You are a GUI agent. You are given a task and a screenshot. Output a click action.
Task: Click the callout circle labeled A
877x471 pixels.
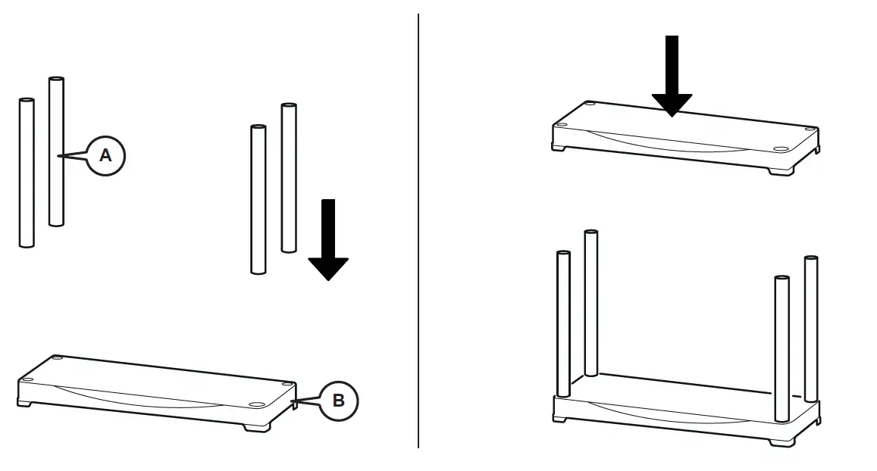pyautogui.click(x=105, y=156)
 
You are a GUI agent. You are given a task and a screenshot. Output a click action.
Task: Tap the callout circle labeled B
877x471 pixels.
pyautogui.click(x=338, y=401)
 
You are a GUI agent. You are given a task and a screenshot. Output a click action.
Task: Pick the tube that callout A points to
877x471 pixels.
pyautogui.click(x=55, y=151)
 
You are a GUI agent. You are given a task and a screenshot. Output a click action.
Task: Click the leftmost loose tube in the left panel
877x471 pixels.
pyautogui.click(x=27, y=173)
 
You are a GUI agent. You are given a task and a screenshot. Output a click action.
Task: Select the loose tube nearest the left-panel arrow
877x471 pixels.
pyautogui.click(x=288, y=178)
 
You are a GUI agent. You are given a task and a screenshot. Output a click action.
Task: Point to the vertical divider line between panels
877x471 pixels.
pyautogui.click(x=418, y=227)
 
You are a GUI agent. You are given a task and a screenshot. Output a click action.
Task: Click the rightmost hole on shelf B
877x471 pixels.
pyautogui.click(x=287, y=385)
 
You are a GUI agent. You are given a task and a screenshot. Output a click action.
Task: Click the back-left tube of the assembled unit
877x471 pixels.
pyautogui.click(x=590, y=303)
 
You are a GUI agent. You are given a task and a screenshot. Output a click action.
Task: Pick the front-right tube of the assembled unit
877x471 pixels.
pyautogui.click(x=781, y=341)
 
